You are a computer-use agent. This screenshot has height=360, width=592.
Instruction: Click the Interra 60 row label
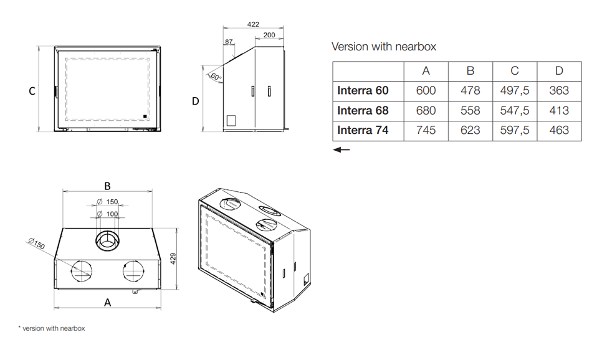[363, 90]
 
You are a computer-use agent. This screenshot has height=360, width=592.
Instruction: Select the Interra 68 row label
[363, 110]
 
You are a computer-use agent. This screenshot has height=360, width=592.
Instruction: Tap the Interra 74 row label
[363, 130]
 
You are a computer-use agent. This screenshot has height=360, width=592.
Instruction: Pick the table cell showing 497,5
[515, 90]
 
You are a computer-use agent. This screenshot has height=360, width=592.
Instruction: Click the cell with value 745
[426, 130]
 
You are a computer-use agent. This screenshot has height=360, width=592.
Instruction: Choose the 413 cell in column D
[559, 110]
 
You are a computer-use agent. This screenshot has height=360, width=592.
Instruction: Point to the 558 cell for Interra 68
[470, 110]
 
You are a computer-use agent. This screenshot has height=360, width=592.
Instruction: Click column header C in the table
[515, 71]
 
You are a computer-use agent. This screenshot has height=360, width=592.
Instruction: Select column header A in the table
[426, 71]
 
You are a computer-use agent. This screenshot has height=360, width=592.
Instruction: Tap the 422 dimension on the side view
[253, 24]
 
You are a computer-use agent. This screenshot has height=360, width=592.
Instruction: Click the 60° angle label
[216, 77]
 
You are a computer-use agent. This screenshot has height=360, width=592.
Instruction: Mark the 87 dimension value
[229, 42]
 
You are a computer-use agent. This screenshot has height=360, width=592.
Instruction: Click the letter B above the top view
[107, 186]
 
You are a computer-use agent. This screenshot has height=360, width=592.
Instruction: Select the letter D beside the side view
[195, 101]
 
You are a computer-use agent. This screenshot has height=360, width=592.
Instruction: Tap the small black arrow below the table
[341, 149]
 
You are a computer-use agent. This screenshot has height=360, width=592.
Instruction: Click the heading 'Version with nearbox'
[384, 47]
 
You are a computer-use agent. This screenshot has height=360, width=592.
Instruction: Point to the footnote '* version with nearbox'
[51, 328]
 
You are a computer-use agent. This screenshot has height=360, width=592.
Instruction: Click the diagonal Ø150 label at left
[36, 245]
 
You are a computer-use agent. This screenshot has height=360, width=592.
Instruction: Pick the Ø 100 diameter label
[107, 214]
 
